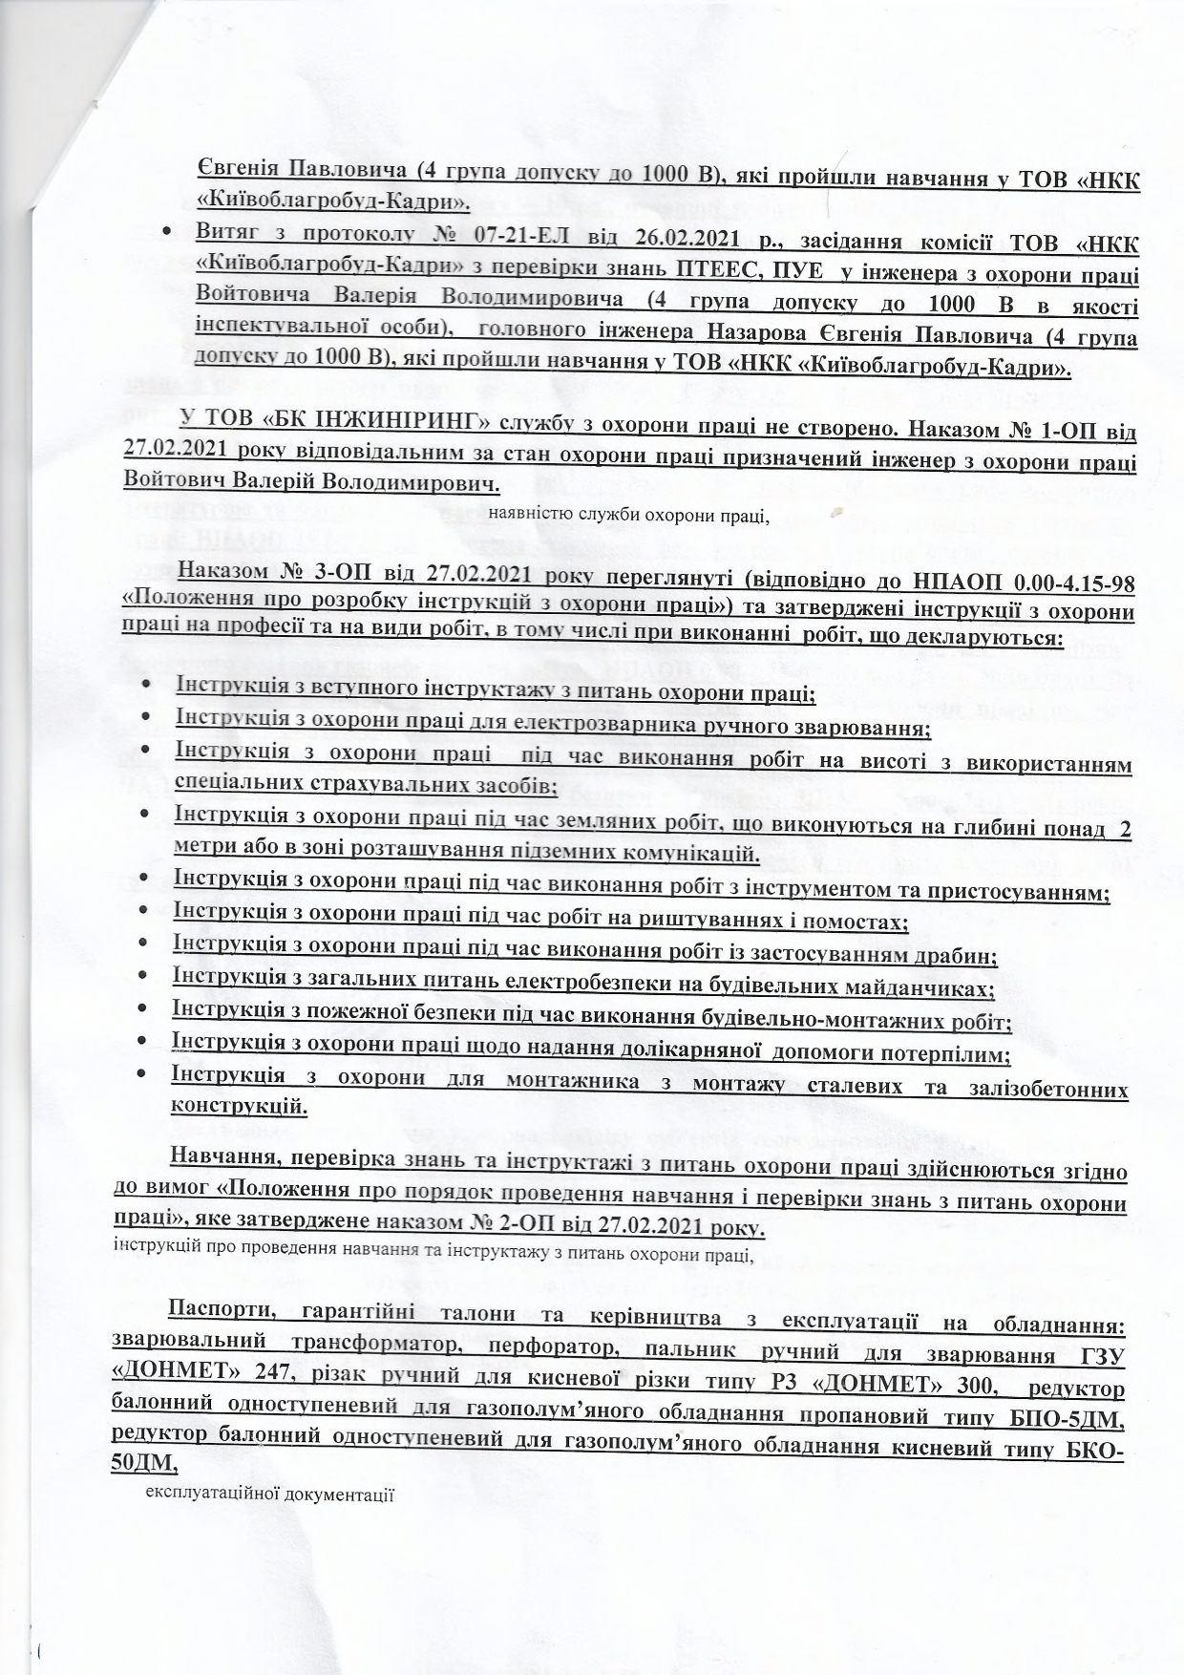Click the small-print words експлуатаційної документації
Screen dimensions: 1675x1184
[268, 1491]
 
